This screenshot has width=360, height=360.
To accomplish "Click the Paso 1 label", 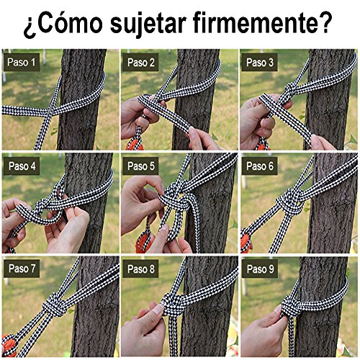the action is coord(22,62).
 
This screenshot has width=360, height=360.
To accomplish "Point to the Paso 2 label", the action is coord(140,62).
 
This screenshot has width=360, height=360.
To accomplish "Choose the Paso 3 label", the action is coord(260,62).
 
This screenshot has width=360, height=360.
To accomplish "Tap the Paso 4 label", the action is coord(22,166).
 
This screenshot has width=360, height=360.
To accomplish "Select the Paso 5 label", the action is coord(140,166).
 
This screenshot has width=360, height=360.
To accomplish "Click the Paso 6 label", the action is coord(260,166).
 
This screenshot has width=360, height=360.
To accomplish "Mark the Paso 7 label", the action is coord(22,269).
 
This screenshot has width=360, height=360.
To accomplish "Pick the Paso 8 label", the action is coord(140,269).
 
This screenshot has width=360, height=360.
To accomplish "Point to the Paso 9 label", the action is coord(260,269).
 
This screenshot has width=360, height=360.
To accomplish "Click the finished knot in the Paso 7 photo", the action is coord(55,305).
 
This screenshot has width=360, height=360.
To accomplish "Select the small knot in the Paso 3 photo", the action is coord(290,89).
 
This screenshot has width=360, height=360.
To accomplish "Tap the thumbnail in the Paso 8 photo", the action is coord(158,309).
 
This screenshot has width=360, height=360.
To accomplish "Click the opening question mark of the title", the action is coord(30,27).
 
